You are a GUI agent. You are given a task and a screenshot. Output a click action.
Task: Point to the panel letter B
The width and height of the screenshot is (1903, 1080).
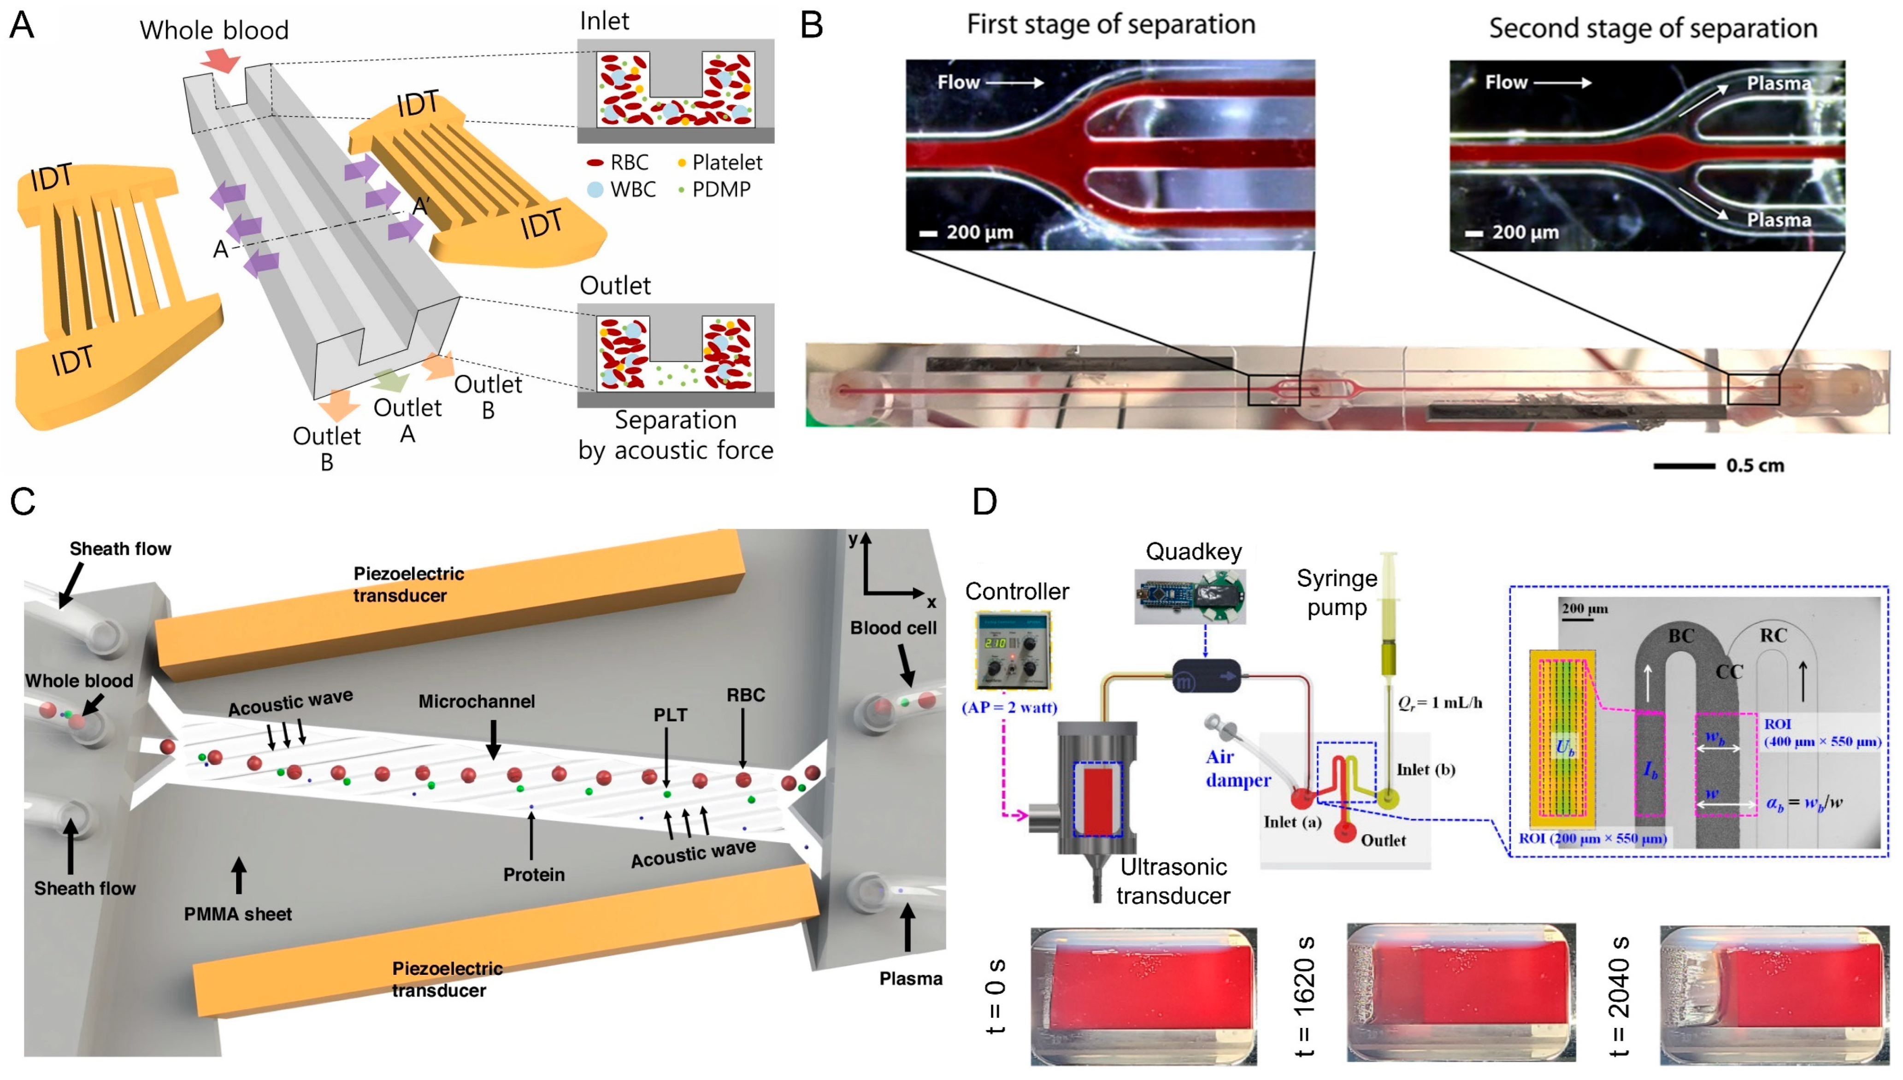pyautogui.click(x=812, y=26)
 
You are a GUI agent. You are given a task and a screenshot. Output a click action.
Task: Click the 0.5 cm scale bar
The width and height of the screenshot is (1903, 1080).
pyautogui.click(x=1684, y=466)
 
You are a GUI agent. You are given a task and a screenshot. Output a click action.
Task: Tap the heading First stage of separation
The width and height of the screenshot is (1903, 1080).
pyautogui.click(x=1110, y=24)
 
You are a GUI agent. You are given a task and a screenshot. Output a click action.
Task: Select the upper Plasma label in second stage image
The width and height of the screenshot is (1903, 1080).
pyautogui.click(x=1779, y=83)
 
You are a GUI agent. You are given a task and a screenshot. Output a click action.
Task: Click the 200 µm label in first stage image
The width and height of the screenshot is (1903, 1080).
pyautogui.click(x=979, y=232)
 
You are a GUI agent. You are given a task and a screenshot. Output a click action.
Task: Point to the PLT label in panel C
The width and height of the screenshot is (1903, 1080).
pyautogui.click(x=670, y=715)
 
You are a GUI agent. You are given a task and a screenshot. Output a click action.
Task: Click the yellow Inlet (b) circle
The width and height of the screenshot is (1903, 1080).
pyautogui.click(x=1387, y=799)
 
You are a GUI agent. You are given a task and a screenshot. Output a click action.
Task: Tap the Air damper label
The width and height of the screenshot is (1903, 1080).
pyautogui.click(x=1237, y=768)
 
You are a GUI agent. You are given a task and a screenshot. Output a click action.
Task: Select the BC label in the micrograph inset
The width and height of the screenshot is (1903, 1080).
pyautogui.click(x=1680, y=636)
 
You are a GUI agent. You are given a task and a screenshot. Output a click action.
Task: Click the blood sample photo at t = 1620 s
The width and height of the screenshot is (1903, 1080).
pyautogui.click(x=1460, y=992)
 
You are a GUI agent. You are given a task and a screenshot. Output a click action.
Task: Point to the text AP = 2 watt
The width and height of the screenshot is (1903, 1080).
pyautogui.click(x=1009, y=707)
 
